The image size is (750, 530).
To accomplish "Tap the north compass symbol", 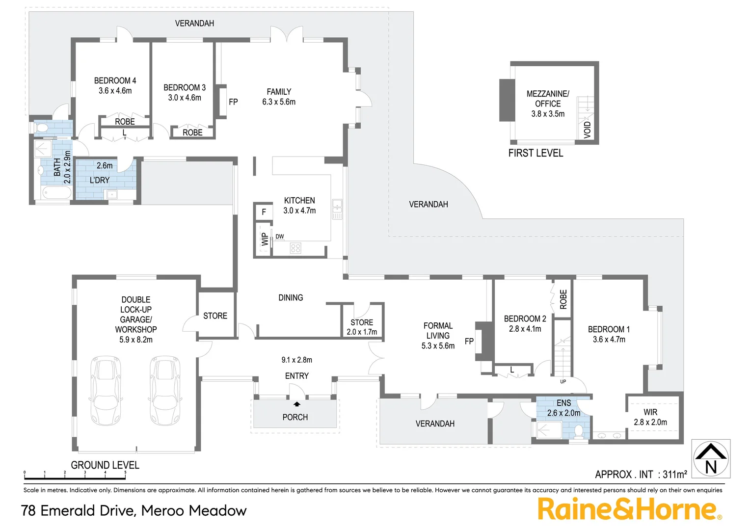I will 711,458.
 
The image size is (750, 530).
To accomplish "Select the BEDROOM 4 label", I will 115,80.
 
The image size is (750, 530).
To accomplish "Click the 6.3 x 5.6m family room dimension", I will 279,102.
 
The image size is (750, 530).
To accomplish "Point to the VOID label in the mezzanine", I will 588,130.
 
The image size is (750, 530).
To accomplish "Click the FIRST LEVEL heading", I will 536,153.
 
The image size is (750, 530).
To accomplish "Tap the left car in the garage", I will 106,391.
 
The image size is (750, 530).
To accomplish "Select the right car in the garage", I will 164,391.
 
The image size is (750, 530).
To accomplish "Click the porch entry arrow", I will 297,404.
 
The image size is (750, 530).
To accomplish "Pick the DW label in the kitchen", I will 280,237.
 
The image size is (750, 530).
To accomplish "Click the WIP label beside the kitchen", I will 265,239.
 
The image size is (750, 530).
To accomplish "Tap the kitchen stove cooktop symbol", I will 295,248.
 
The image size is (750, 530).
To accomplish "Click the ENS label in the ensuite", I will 563,403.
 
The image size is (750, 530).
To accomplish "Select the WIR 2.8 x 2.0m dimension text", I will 650,422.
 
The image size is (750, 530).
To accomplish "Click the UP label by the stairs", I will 563,381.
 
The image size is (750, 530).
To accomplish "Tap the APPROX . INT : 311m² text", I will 641,475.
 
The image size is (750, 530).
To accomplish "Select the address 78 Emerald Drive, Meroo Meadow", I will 134,511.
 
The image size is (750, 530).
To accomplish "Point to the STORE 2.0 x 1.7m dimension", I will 362,332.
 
